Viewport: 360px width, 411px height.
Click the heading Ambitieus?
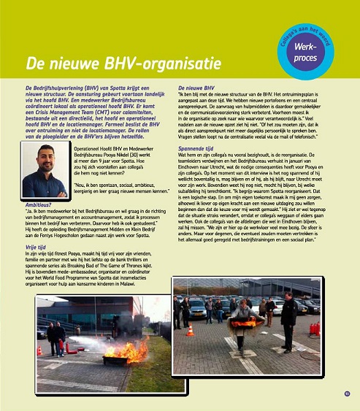(x=38, y=205)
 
